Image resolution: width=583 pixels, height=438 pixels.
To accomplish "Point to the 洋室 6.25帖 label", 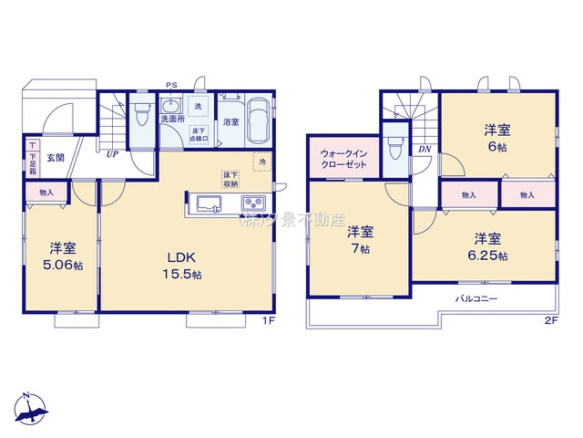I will click(489, 247).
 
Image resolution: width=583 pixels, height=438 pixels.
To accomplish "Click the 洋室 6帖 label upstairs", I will click(497, 138).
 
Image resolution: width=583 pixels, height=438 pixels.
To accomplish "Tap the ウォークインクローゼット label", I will click(343, 158).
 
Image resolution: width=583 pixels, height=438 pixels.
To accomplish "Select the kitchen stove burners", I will click(252, 203).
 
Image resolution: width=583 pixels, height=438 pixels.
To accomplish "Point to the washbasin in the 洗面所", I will click(169, 104).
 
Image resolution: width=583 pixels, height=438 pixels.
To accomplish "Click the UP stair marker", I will click(111, 154).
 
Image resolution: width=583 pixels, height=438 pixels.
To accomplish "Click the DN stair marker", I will click(424, 150).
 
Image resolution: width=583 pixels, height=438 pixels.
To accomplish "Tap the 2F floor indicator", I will click(549, 322).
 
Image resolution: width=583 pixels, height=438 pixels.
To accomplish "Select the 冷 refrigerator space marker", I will click(261, 164).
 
